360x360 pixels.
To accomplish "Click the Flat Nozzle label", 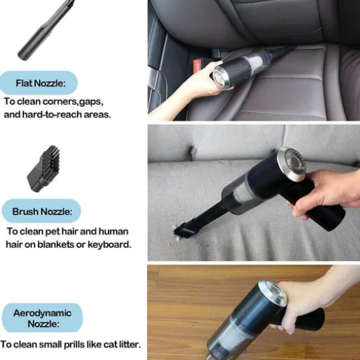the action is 38,83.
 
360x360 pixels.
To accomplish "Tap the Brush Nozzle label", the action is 42,211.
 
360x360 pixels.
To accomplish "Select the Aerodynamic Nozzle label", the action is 42,318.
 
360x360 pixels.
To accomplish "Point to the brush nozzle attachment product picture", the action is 43,169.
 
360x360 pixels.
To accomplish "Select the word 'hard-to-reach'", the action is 52,114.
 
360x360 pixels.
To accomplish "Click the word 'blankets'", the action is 56,245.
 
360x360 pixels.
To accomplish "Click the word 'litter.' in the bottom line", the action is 130,344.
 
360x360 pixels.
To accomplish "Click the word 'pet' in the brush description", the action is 53,232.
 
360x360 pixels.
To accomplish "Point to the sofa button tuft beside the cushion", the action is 192,151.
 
